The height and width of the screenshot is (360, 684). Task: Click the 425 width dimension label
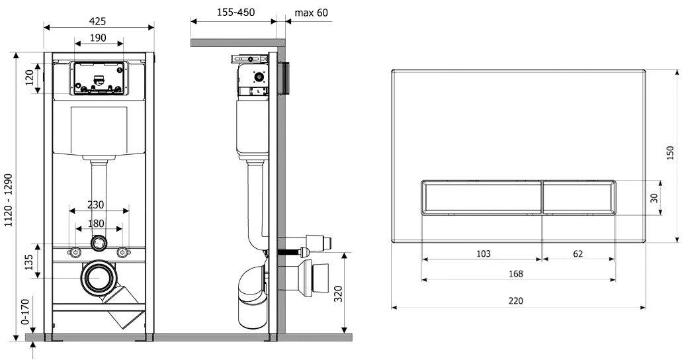pos(98,21)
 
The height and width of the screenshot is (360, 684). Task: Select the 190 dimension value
pos(98,38)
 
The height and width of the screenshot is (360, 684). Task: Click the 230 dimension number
pos(95,204)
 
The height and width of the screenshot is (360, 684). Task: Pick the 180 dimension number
pos(96,224)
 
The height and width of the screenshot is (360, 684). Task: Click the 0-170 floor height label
pos(24,312)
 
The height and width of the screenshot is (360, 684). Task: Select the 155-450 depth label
pos(236,12)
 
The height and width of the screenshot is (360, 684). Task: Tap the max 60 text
pos(311,13)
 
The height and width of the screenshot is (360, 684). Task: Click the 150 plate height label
pos(671,153)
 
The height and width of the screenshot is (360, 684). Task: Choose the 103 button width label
pos(484,253)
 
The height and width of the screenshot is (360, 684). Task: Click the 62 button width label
pos(578,253)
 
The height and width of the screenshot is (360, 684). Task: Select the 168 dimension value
pos(516,273)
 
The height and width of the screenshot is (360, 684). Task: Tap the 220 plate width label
pos(515,300)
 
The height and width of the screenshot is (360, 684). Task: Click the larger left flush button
pos(482,197)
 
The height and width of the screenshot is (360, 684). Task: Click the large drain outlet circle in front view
pos(99,278)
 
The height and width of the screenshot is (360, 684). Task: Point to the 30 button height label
pos(654,198)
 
